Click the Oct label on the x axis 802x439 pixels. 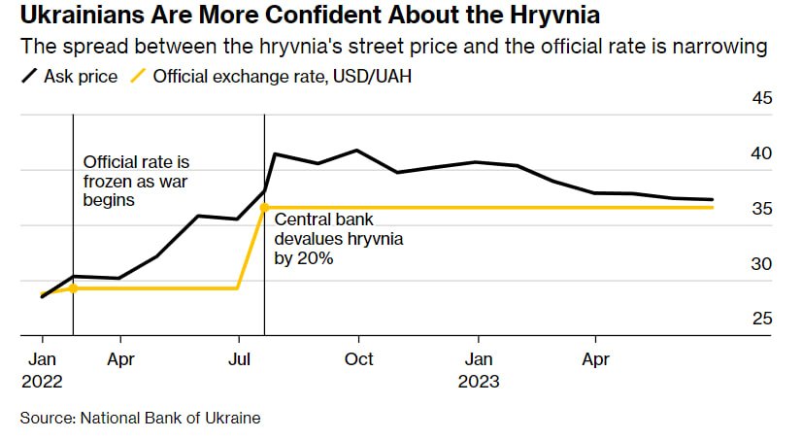click(x=359, y=359)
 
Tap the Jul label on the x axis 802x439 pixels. click(x=239, y=359)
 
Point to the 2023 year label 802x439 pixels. click(x=479, y=381)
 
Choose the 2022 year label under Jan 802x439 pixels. click(x=42, y=381)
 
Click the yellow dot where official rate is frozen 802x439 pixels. click(x=73, y=287)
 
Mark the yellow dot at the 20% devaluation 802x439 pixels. click(x=264, y=207)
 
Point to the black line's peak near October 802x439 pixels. click(x=357, y=151)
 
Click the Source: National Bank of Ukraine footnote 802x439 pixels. click(x=141, y=418)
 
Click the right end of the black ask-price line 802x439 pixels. click(x=713, y=200)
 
